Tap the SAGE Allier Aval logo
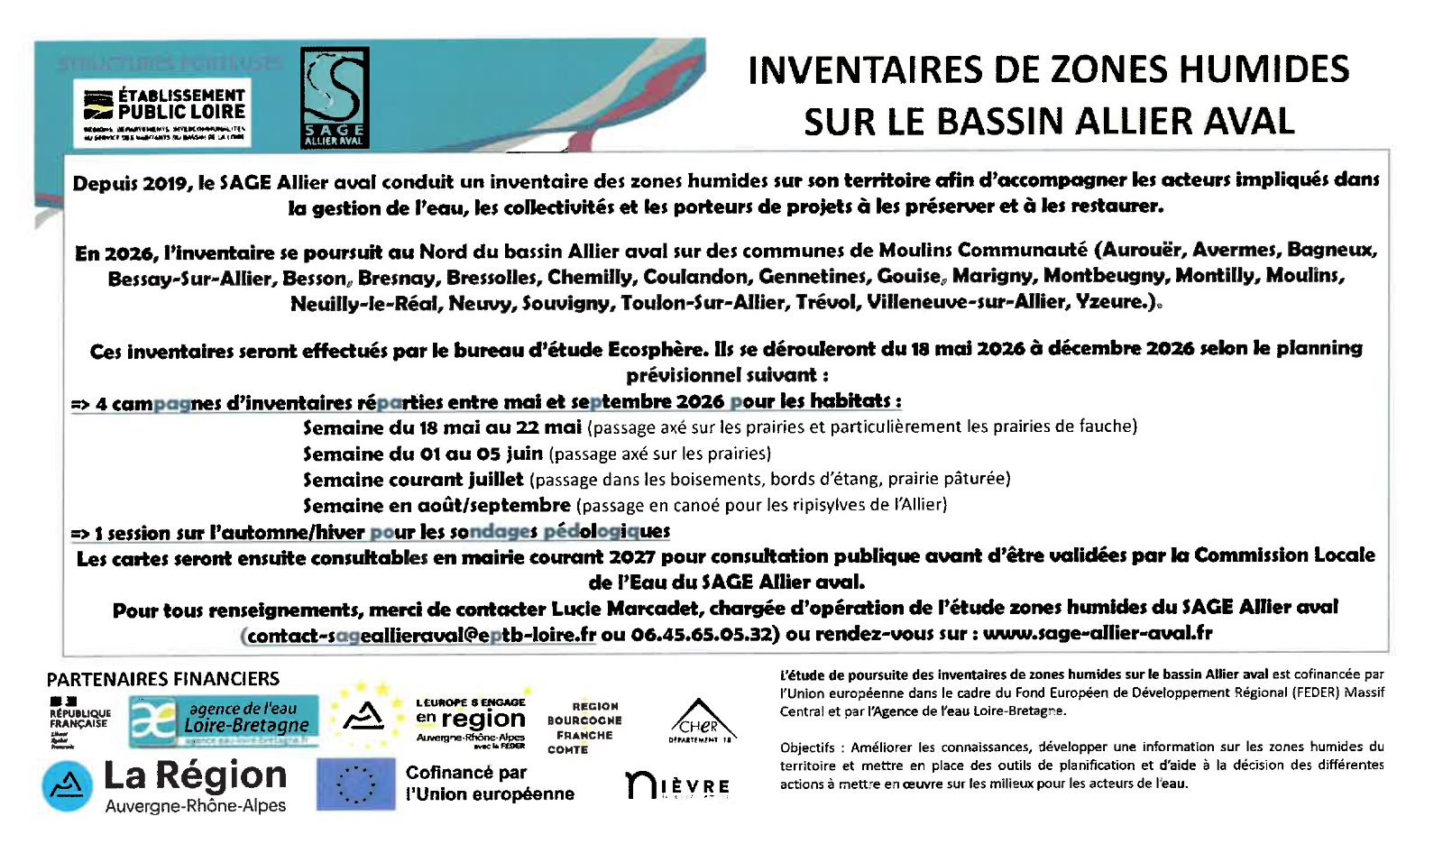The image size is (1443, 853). (x=334, y=97)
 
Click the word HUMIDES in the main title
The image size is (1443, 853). (x=1267, y=70)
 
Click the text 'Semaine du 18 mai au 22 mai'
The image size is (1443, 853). (x=442, y=427)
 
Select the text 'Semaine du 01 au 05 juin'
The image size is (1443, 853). (x=422, y=454)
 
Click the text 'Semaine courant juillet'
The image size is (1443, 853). (x=413, y=480)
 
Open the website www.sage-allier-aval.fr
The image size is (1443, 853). (x=1097, y=634)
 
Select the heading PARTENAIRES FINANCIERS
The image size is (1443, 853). (x=163, y=679)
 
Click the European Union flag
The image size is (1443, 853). (x=356, y=783)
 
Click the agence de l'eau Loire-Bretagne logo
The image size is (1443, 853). (x=225, y=720)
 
